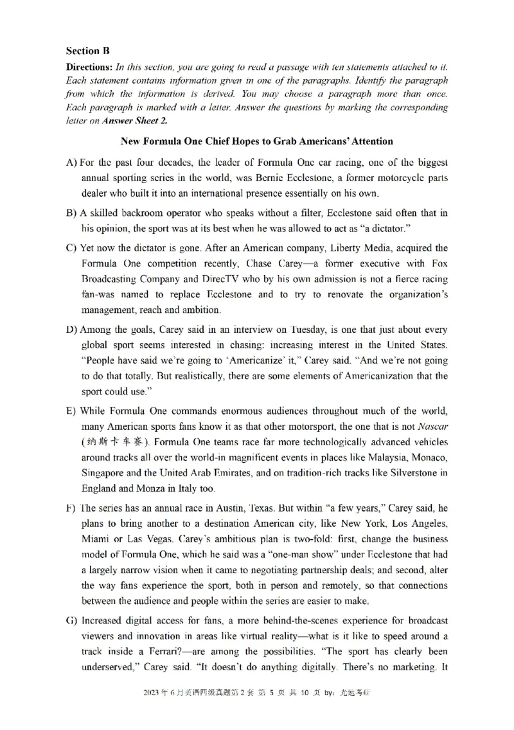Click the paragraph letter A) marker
(72, 163)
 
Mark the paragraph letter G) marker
(72, 620)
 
